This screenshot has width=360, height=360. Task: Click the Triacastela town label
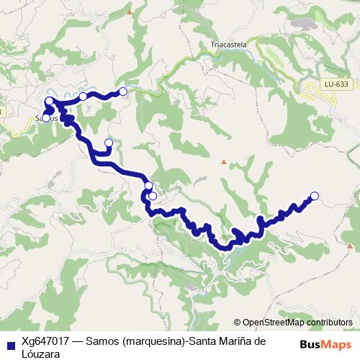pyautogui.click(x=229, y=44)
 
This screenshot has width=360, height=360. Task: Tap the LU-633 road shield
pyautogui.click(x=336, y=84)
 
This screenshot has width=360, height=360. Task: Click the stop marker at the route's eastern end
pyautogui.click(x=314, y=195)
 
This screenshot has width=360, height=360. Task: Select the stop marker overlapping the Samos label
pyautogui.click(x=46, y=117)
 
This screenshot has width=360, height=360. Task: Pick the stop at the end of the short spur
pyautogui.click(x=109, y=143)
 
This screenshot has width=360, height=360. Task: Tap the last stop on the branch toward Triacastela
pyautogui.click(x=122, y=91)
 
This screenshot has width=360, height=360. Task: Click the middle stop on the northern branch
pyautogui.click(x=83, y=96)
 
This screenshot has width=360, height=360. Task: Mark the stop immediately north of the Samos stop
pyautogui.click(x=49, y=101)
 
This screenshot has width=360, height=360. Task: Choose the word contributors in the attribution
pyautogui.click(x=328, y=322)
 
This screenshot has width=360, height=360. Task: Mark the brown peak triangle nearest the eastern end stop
pyautogui.click(x=224, y=161)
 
